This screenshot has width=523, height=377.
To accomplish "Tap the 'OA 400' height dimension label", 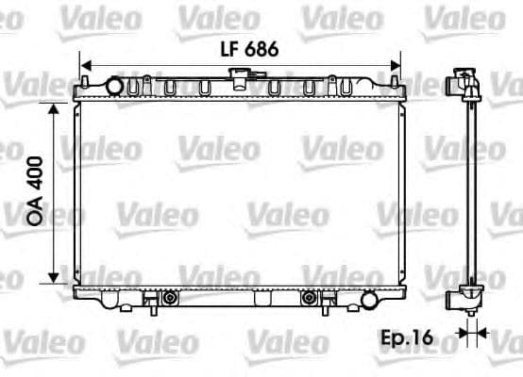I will pos(36,192).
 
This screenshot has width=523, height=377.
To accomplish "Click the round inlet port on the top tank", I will pos(115,87).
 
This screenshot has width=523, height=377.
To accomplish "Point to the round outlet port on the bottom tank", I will pos(368,299).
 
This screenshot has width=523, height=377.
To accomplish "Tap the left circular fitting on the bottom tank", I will pos(170,298).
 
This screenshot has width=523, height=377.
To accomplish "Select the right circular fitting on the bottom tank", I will pos(308,298).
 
